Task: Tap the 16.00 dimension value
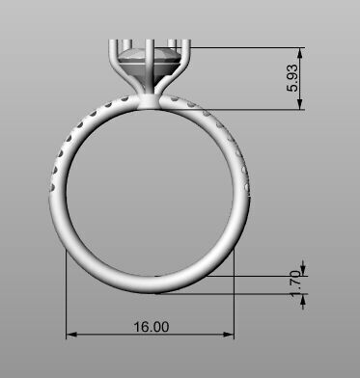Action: point(151,327)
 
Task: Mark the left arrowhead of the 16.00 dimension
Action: point(69,336)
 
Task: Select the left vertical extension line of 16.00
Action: point(66,289)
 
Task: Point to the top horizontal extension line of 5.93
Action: point(251,46)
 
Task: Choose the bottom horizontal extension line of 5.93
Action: point(241,109)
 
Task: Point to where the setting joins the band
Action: point(152,102)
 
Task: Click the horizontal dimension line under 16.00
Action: point(106,336)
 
